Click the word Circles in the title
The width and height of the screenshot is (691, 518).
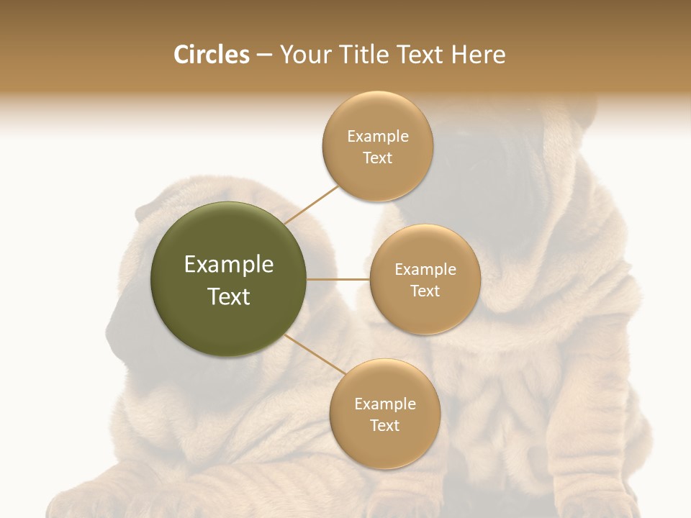(x=211, y=55)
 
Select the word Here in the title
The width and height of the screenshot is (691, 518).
(x=478, y=55)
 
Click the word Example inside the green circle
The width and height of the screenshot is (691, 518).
(x=228, y=265)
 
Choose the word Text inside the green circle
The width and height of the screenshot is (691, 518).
(x=228, y=296)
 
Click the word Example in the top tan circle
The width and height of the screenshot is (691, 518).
(x=378, y=137)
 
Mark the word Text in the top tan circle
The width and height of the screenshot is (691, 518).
(x=378, y=158)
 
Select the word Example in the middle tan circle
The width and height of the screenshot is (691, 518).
(x=425, y=270)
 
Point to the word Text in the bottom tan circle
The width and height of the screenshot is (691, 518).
(x=384, y=425)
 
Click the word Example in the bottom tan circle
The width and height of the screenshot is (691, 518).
(x=384, y=404)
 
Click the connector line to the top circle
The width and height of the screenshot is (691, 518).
(x=311, y=204)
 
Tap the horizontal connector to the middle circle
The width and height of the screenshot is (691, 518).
(x=338, y=279)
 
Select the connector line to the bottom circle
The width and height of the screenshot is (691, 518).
(x=315, y=355)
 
